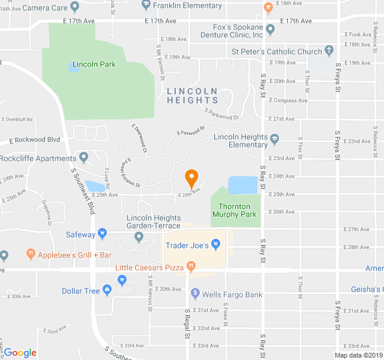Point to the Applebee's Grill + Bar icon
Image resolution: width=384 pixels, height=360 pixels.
[31, 254]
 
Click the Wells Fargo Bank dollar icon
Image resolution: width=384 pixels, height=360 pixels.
[195, 294]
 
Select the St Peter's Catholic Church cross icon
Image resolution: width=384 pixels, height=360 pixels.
[329, 51]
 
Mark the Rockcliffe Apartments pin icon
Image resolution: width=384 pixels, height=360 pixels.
[84, 158]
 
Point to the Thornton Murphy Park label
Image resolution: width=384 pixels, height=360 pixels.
[234, 210]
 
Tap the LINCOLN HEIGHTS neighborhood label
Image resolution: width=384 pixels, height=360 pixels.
[192, 95]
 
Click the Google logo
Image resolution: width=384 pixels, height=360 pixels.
[20, 353]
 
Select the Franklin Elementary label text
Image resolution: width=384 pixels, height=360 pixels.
[187, 6]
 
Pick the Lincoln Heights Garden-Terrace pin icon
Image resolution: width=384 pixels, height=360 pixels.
[139, 237]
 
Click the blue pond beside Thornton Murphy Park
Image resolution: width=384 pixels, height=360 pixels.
[245, 185]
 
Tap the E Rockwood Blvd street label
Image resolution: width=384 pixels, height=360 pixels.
[35, 140]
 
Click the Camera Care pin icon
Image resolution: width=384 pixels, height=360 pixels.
[74, 7]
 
